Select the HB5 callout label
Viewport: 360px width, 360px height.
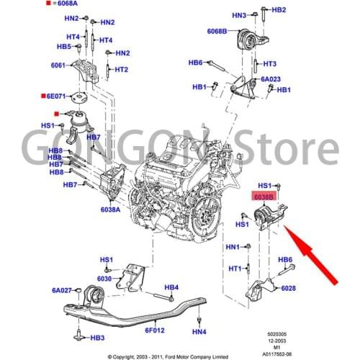pos(64,46)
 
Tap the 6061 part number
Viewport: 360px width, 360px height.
pos(58,65)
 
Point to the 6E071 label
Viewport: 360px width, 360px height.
pos(56,95)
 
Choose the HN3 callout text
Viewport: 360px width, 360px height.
pos(238,15)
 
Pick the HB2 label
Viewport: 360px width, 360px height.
pos(279,9)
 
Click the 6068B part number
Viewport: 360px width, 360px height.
pos(217,32)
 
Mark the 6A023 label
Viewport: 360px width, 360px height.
pos(271,79)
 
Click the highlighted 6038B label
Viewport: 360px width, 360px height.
pos(261,196)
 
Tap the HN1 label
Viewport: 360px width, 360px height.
pos(233,247)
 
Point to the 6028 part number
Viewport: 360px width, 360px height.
pos(288,288)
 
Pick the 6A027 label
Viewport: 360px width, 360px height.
pos(62,290)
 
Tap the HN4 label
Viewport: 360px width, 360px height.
pos(199,332)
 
